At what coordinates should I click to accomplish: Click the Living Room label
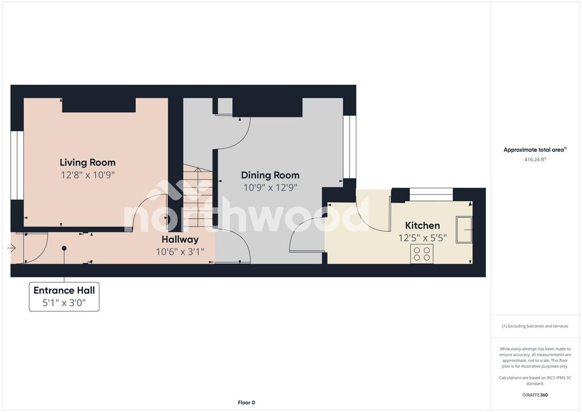point(88,163)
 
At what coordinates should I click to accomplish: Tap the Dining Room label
point(270,175)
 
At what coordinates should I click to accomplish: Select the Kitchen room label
point(422,225)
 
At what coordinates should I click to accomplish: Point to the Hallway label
point(180,239)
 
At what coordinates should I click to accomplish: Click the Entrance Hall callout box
point(64,297)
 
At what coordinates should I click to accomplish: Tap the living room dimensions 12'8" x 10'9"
point(88,175)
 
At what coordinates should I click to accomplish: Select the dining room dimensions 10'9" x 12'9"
point(270,188)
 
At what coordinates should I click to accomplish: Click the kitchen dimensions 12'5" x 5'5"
point(422,238)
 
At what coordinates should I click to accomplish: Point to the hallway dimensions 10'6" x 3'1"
point(180,252)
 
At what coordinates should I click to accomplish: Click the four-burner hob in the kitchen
point(422,254)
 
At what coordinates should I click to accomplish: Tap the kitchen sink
point(464,230)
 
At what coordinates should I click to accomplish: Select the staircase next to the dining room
point(198,197)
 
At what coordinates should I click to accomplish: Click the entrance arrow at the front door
point(11,248)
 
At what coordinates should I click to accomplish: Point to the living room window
point(17,165)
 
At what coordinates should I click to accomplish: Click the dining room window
point(350,147)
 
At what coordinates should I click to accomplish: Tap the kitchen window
point(431,194)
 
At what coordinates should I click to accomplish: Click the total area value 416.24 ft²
point(535,160)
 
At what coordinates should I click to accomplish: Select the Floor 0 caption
point(247,403)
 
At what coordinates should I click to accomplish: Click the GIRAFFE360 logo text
point(535,395)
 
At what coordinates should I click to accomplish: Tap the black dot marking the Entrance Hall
point(64,248)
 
